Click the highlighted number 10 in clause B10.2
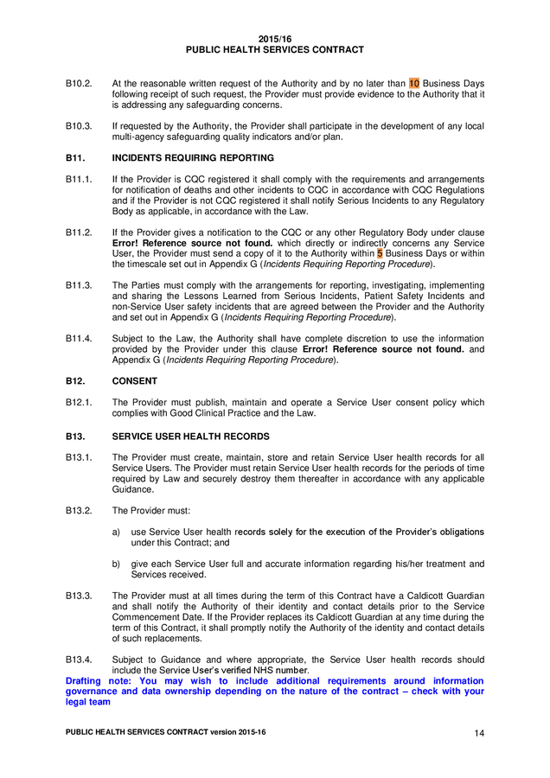[x=414, y=83]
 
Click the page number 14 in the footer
[x=478, y=733]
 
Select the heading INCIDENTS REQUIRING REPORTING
[x=193, y=158]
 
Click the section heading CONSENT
[x=135, y=380]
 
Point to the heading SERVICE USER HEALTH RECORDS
[x=190, y=437]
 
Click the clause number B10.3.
[x=79, y=126]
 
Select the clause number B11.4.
[x=79, y=339]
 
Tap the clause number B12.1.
[x=79, y=402]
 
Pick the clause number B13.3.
[x=79, y=596]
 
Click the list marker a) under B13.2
[x=116, y=532]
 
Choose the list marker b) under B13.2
[x=116, y=564]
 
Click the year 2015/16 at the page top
[x=274, y=39]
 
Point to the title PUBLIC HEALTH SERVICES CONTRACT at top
[x=274, y=50]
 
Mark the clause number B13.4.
[x=79, y=659]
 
